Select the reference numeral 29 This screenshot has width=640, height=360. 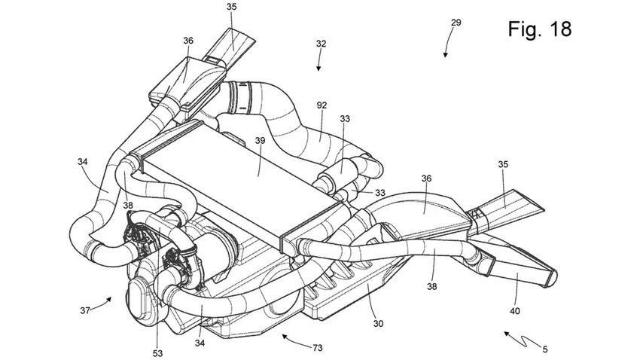(456, 23)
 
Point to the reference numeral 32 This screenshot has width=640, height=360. (321, 44)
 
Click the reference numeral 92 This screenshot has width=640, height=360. (322, 106)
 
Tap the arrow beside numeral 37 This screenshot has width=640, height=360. (108, 302)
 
